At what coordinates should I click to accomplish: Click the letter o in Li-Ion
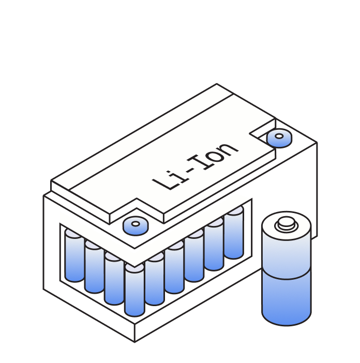(x=215, y=156)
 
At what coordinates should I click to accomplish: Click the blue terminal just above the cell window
(x=136, y=226)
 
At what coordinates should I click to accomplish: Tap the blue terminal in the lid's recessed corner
(x=279, y=138)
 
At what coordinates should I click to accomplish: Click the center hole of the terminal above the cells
(x=136, y=223)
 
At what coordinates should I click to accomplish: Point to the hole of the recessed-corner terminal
(x=279, y=136)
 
